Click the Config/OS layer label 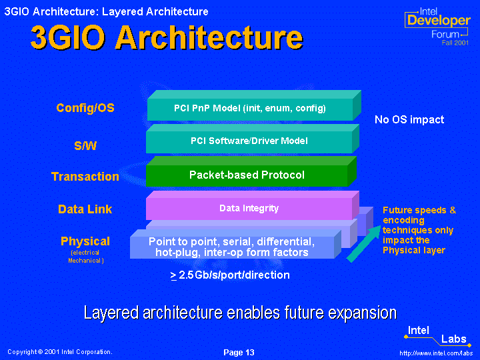[85, 108]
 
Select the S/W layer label [85, 145]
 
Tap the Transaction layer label [85, 177]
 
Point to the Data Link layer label [85, 209]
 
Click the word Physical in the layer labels [85, 241]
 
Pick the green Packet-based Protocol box [251, 171]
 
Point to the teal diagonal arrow [364, 244]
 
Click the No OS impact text [409, 119]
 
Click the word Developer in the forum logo [439, 21]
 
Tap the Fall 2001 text [455, 43]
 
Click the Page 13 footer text [239, 353]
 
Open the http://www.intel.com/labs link [436, 353]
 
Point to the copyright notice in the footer [60, 352]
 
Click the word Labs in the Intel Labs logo [454, 339]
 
